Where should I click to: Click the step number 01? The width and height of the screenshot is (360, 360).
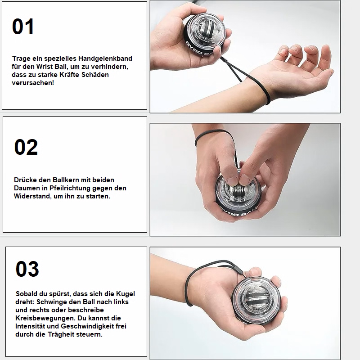pos(23,27)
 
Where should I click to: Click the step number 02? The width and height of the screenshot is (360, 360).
pos(26,147)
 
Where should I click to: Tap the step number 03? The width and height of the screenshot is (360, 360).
pos(27,269)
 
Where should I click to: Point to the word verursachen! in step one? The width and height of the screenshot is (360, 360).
pos(32,83)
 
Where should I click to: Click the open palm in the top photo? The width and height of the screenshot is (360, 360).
pos(310,67)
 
